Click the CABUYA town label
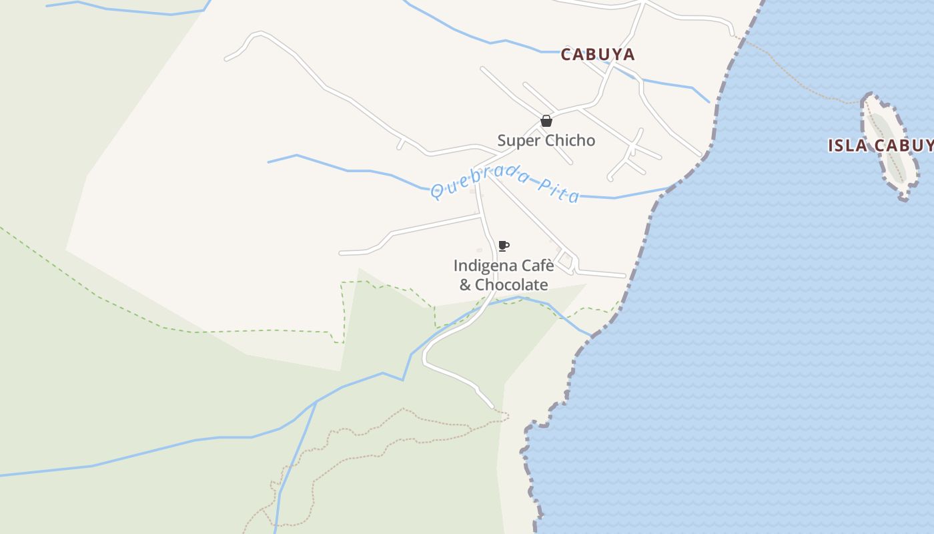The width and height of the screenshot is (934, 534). point(597,55)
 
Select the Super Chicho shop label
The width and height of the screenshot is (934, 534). point(546,141)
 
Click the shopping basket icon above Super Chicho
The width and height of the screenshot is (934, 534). point(546,121)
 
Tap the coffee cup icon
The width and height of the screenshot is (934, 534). point(504,246)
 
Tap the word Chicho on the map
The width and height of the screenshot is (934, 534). point(570,141)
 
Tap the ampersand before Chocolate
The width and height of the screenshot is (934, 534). point(465,285)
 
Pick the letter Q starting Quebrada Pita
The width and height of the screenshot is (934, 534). point(437,192)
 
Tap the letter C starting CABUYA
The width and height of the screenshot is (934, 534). point(567,55)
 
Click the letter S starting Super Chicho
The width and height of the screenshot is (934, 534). point(502,141)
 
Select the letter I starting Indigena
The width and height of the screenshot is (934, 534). point(456,266)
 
